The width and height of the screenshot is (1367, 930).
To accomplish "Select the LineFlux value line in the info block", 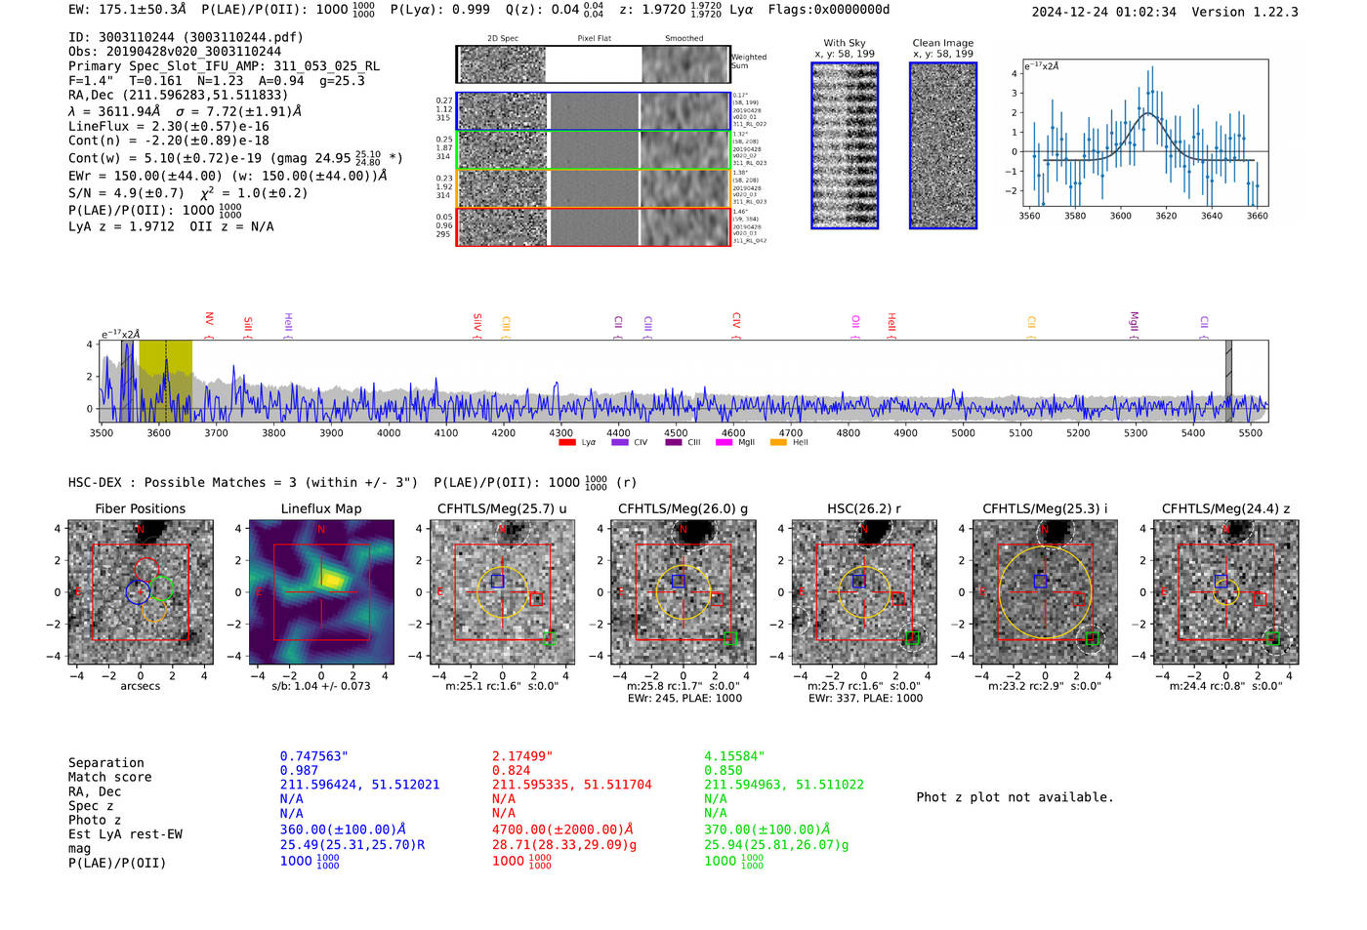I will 168,126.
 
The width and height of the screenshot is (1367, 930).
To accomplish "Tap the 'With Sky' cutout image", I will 845,145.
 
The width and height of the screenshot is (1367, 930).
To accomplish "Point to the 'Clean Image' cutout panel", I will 942,145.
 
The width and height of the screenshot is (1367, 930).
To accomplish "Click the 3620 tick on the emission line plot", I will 1166,216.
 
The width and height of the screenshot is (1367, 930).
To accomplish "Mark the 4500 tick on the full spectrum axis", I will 676,432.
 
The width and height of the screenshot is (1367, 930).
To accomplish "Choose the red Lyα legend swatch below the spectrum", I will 567,443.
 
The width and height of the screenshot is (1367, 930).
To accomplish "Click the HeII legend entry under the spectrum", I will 791,443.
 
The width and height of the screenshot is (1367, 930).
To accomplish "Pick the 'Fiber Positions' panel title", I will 140,508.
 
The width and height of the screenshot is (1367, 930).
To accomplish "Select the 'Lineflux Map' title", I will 321,508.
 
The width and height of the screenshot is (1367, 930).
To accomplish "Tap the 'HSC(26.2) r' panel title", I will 863,508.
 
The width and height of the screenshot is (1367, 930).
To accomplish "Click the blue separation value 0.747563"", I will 313,756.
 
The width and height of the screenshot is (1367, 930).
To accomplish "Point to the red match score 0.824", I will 512,770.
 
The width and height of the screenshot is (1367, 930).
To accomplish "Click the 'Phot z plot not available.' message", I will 1015,797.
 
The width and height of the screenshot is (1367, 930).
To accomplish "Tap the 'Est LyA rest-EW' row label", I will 125,834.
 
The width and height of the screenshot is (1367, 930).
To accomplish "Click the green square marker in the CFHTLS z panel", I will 1273,638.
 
